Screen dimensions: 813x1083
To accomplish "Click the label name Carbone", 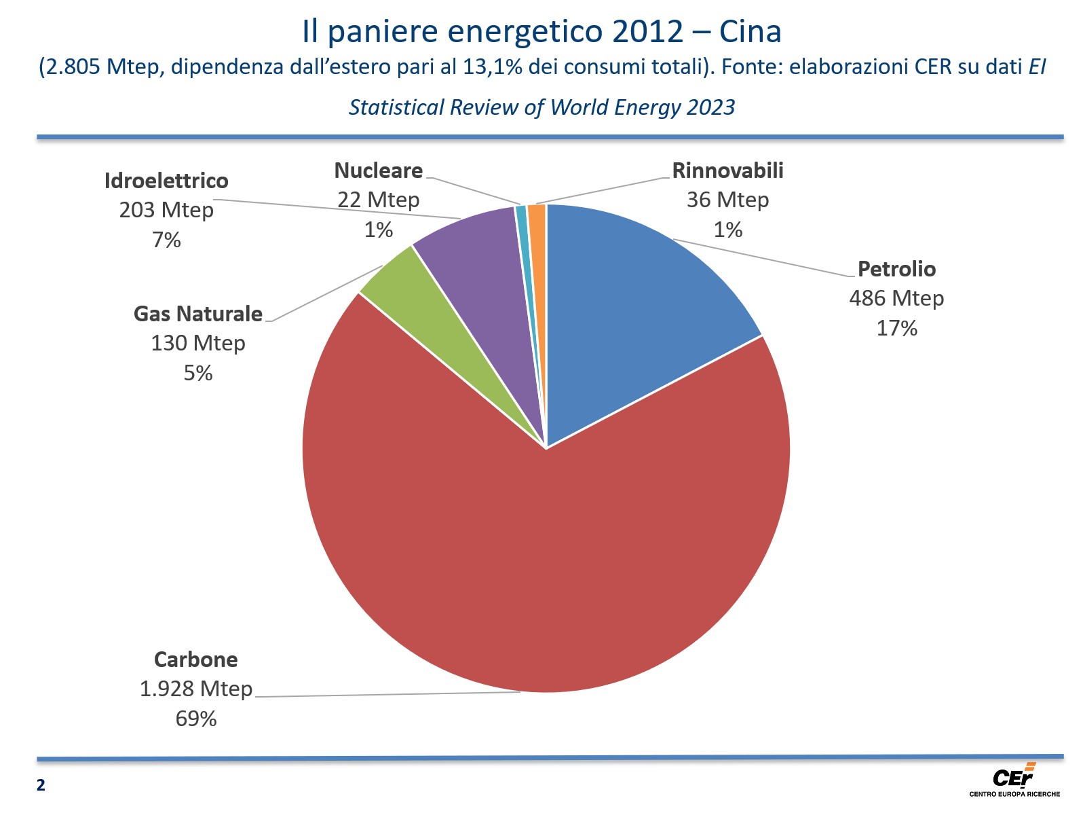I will coord(196,660).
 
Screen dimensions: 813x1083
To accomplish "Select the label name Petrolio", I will coord(896,269).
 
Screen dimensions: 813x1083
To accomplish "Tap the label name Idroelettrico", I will coord(166,181).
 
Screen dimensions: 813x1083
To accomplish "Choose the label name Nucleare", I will coord(379,170).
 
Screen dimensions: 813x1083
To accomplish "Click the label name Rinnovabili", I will coord(727,170).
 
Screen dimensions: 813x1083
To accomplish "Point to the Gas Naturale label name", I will coord(197,314).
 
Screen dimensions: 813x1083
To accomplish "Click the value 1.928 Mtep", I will coord(196,689).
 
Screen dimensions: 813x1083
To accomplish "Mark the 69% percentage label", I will coord(196,719).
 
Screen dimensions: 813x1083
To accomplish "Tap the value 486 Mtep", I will coord(896,298).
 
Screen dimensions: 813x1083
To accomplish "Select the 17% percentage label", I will coord(896,329).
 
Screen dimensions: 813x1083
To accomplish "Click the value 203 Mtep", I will coord(166,210).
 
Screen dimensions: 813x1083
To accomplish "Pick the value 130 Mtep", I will coord(197,343).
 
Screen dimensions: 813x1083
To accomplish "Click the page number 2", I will coord(41,786).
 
